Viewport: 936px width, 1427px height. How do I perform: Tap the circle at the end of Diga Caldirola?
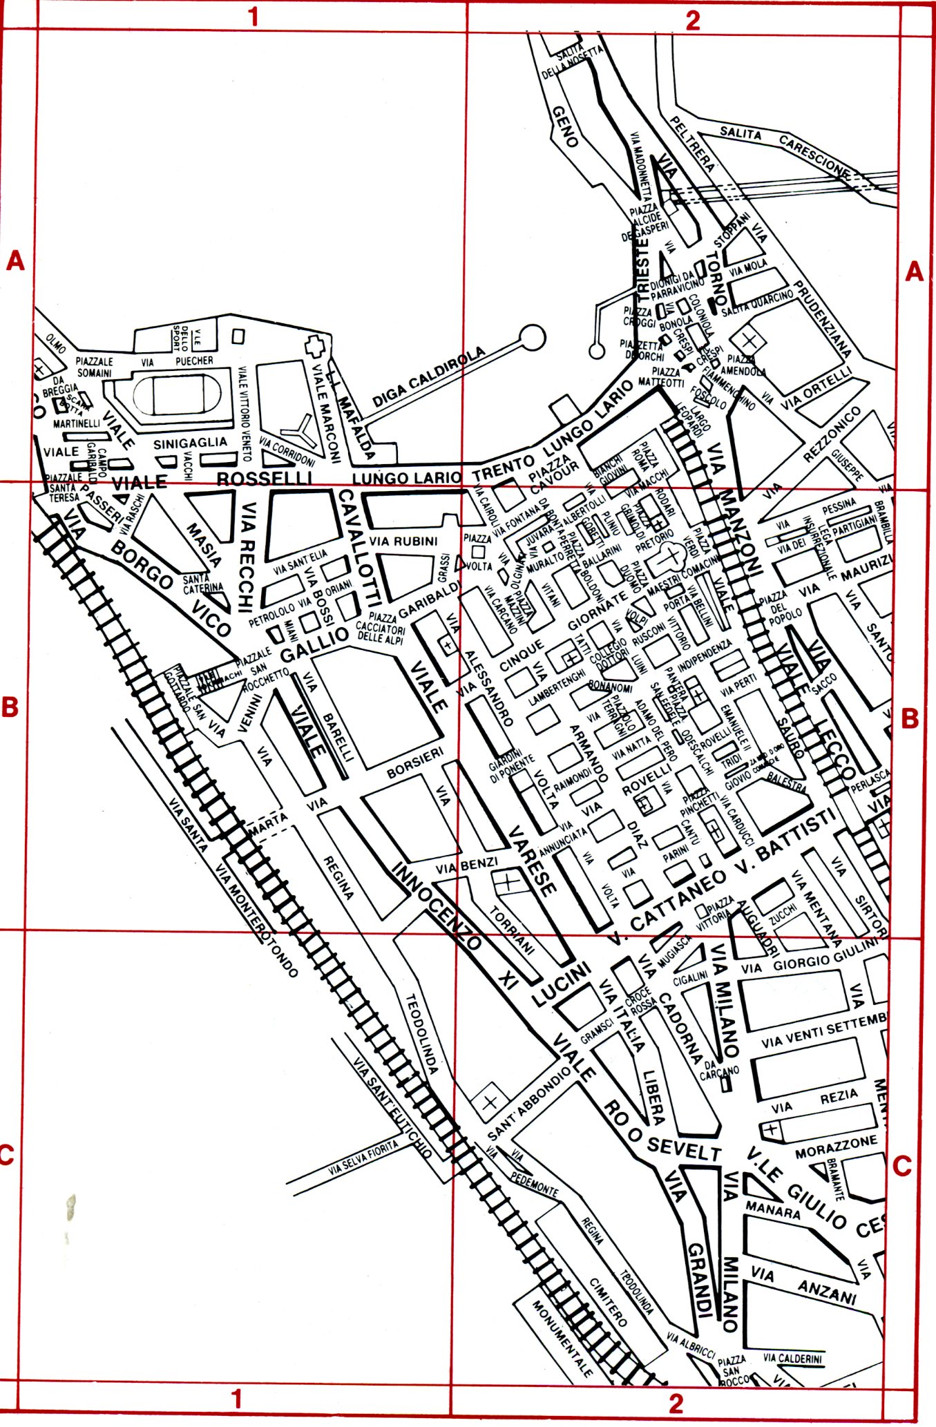533,337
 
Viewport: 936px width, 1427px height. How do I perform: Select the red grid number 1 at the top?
254,17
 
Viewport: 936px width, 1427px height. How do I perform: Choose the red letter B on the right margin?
910,719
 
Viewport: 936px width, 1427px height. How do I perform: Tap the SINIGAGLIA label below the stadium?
190,443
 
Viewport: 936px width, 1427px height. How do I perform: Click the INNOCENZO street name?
436,906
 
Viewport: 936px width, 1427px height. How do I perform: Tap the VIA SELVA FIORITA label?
364,1158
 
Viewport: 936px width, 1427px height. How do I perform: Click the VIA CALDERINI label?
792,1358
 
